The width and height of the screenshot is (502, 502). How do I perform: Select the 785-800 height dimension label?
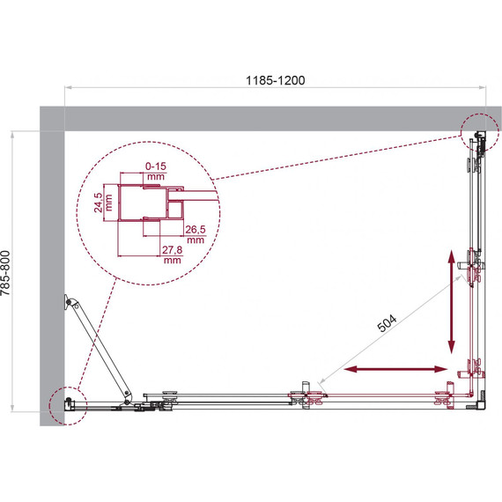pos(8,273)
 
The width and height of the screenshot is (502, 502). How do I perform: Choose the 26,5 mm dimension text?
pos(195,235)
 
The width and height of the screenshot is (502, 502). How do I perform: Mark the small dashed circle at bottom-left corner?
pos(67,406)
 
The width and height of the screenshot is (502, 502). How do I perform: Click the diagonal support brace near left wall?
pos(100,349)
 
